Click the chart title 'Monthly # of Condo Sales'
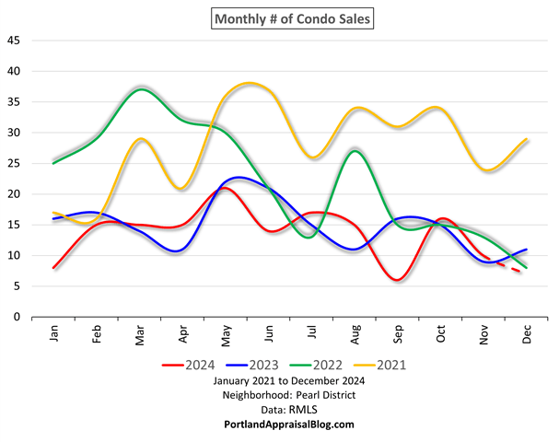[280, 17]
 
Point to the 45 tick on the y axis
[13, 41]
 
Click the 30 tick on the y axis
[13, 133]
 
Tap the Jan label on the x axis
[55, 333]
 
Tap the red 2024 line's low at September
[398, 279]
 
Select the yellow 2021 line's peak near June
[250, 84]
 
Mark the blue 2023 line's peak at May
[238, 177]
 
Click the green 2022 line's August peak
[355, 150]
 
